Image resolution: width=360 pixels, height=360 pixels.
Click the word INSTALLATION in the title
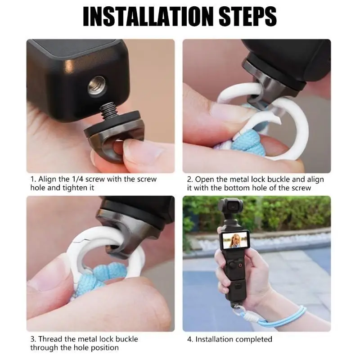[x=148, y=16]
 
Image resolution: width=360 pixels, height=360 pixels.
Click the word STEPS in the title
[x=248, y=16]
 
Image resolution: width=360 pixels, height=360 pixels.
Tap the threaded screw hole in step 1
[x=97, y=86]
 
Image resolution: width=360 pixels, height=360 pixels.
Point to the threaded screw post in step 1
[x=109, y=111]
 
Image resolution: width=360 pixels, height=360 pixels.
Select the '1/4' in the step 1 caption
[x=77, y=179]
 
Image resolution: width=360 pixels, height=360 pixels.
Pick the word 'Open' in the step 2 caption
[x=204, y=179]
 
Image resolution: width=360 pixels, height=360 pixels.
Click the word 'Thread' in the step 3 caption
[x=50, y=339]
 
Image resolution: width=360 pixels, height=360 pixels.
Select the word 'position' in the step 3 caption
[x=105, y=348]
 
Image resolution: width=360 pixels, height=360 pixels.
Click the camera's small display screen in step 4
[x=234, y=240]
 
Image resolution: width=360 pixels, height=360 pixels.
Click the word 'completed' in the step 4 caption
[x=254, y=339]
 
